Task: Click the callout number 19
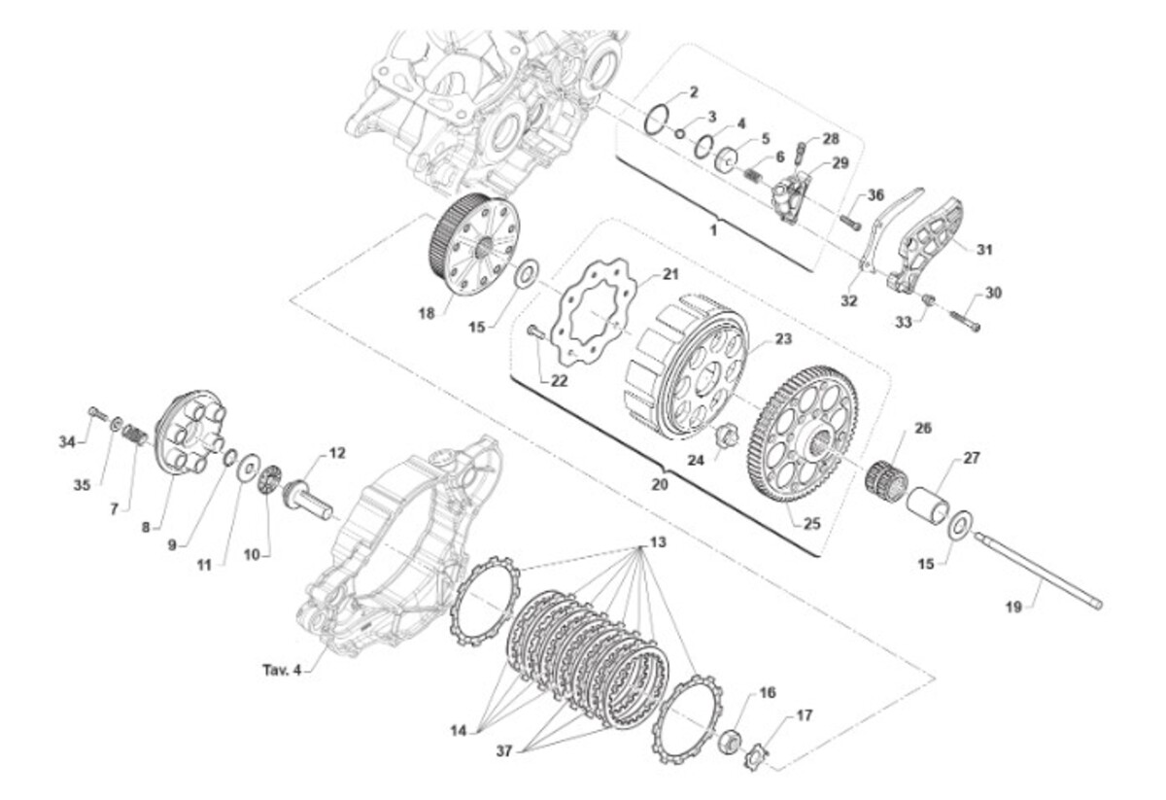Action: pos(1013,607)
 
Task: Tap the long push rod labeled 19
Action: pos(1038,571)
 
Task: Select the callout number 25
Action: pos(812,523)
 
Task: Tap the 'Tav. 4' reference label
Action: pos(282,670)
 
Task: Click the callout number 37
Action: pos(504,750)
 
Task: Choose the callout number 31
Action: pos(983,250)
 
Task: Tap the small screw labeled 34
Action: pos(97,414)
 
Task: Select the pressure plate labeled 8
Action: pos(191,433)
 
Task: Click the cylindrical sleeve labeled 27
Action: pos(928,504)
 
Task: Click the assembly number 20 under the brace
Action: pos(660,484)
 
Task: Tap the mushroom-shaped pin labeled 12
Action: pos(307,501)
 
